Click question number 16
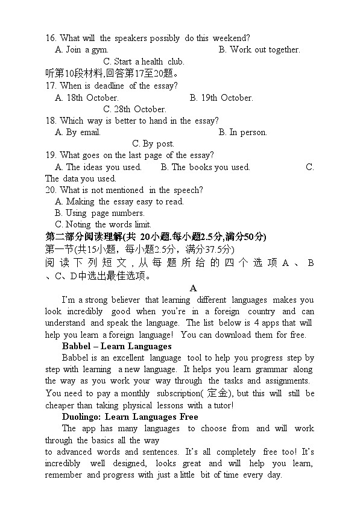(x=51, y=39)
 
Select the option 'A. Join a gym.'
(x=81, y=50)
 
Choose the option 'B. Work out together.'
(x=259, y=50)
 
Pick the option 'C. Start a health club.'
(x=144, y=62)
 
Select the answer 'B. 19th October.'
(x=221, y=98)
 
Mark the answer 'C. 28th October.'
(x=134, y=109)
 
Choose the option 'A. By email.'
(x=77, y=132)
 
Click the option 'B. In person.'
(x=242, y=132)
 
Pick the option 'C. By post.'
(x=153, y=144)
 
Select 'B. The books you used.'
(x=202, y=167)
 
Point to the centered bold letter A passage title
(x=193, y=289)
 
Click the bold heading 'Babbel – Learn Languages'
(x=116, y=346)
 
